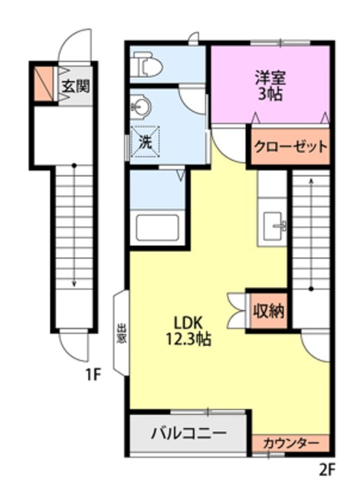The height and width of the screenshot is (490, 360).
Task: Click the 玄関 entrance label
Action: click(74, 85)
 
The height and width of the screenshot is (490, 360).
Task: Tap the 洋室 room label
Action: click(270, 77)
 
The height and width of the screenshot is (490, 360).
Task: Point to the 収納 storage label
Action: click(268, 310)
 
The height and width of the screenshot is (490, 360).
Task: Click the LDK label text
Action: click(186, 321)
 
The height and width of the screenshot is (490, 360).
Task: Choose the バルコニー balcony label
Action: click(188, 433)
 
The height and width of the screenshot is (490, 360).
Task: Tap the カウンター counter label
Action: click(291, 443)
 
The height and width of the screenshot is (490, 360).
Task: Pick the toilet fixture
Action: click(146, 67)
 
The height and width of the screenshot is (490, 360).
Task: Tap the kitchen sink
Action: click(274, 226)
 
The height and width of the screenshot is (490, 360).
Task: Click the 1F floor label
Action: click(93, 374)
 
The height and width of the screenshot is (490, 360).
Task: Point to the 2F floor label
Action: click(328, 468)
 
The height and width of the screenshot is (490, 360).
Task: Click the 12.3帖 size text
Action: click(187, 338)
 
